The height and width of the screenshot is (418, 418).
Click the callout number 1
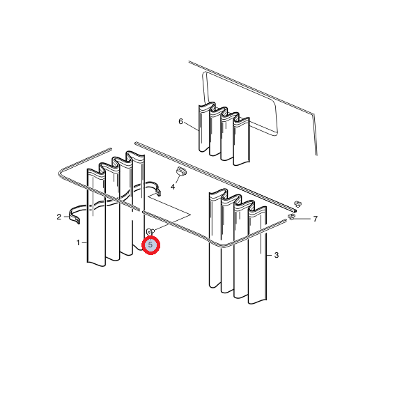click(78, 243)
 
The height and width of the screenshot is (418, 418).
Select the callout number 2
click(59, 217)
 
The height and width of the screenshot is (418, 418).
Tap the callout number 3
click(277, 255)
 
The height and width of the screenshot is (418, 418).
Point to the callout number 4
click(173, 187)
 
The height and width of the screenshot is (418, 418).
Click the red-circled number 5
click(150, 245)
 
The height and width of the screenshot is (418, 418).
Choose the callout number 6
click(180, 121)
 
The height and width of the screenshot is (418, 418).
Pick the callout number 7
click(316, 219)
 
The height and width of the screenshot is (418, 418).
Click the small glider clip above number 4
click(181, 171)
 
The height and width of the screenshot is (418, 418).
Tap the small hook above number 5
click(150, 232)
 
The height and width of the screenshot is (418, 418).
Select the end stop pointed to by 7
click(291, 217)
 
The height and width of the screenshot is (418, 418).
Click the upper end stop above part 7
click(298, 204)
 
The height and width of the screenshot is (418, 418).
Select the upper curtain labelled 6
click(224, 134)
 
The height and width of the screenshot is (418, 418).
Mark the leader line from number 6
click(191, 126)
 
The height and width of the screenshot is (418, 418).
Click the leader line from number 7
click(302, 219)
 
